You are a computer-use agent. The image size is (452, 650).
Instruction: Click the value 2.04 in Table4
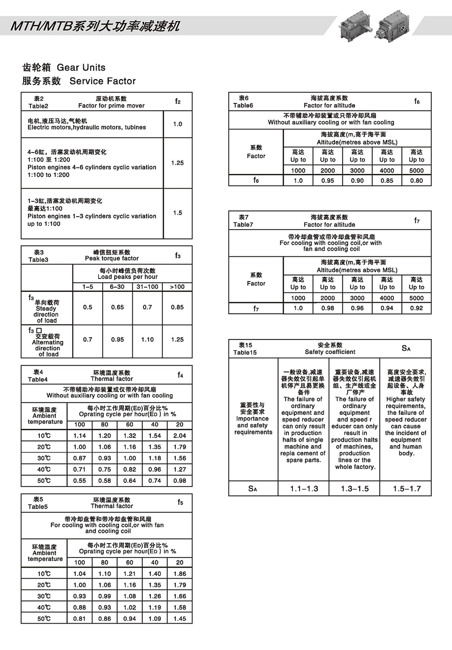pos(180,436)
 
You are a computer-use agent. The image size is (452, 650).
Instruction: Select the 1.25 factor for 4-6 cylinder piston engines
pos(178,163)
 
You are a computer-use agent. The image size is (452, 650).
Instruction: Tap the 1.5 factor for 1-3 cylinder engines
pos(178,213)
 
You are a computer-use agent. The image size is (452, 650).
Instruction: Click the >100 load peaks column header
pos(177,287)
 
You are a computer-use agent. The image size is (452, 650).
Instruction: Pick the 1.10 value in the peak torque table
pos(148,340)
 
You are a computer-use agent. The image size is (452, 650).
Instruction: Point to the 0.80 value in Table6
pos(416,181)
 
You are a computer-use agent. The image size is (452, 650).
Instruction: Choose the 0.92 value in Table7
pos(416,308)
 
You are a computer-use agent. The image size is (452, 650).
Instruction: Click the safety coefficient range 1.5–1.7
pos(406,489)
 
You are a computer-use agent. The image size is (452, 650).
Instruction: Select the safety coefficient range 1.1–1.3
pos(304,489)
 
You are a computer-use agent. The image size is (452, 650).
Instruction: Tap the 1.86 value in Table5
pos(180,574)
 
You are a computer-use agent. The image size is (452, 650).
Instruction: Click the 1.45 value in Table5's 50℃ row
pos(180,618)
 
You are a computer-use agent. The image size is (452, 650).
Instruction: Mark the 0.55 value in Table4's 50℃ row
pos(79,480)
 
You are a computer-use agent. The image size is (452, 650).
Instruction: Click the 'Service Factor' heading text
pos(102,81)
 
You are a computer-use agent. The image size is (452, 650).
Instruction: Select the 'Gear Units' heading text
pos(81,68)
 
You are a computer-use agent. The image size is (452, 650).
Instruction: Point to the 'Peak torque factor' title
pos(112,259)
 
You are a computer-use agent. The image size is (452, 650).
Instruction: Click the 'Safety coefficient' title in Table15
pos(330,352)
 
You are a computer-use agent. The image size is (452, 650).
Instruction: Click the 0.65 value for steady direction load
pos(118,307)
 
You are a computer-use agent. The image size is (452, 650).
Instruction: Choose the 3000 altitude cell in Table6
pos(357,170)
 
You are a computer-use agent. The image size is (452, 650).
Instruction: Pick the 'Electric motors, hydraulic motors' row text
pos(87,127)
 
